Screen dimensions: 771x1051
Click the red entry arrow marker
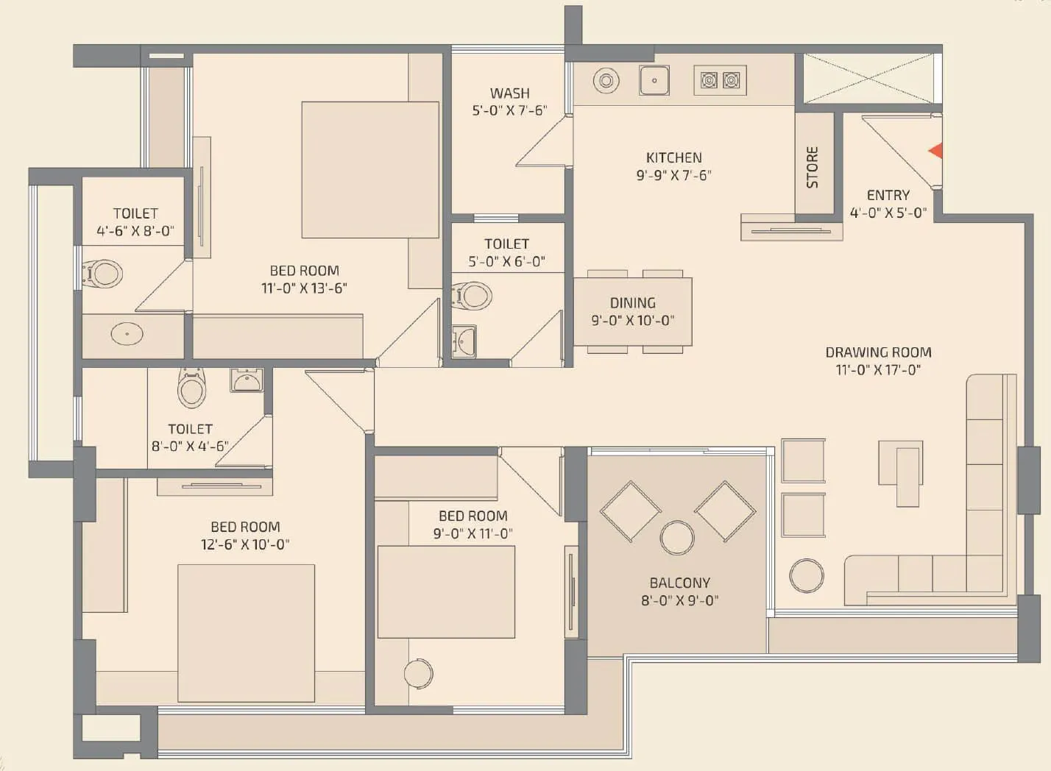coord(935,151)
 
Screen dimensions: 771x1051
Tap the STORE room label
coord(813,167)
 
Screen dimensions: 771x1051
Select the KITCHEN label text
coord(673,157)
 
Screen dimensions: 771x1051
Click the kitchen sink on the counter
coord(654,80)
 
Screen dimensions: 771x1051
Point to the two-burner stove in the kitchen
coord(720,80)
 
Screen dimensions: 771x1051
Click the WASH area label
coord(509,93)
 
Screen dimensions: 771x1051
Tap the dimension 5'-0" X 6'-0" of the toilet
coord(506,261)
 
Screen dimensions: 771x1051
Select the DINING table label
coord(632,302)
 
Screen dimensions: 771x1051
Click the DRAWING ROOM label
coord(878,352)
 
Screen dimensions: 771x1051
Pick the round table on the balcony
coord(677,538)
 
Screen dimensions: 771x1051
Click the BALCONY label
coord(679,583)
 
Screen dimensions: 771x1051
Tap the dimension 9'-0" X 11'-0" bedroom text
coord(473,533)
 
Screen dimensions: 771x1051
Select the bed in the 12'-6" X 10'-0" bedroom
coord(246,633)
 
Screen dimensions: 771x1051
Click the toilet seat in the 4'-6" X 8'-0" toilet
coord(103,274)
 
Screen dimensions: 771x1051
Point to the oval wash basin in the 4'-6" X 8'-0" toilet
coord(127,334)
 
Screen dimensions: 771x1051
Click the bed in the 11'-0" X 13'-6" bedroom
coord(369,170)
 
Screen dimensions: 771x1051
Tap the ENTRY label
coord(888,195)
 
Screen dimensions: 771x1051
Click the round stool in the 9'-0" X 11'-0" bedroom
coord(418,672)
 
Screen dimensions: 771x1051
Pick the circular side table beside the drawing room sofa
coord(807,575)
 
